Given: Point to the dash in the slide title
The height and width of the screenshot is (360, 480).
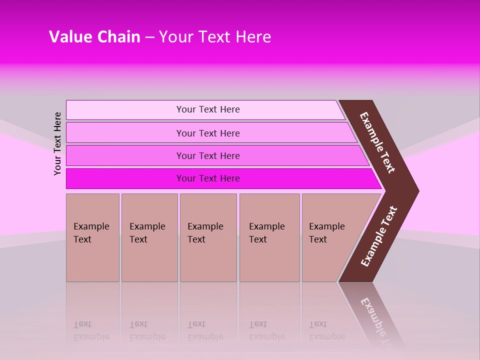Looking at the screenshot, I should (149, 37).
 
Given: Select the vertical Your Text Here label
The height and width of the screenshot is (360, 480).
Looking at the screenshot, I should (57, 143).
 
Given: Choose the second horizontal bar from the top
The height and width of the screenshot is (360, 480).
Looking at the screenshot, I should (207, 133).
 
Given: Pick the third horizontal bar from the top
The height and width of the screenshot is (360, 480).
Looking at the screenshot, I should (207, 155).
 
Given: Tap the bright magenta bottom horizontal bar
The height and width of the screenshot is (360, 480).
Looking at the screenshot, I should (207, 178).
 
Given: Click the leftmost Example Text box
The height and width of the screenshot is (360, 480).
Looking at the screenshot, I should (92, 237).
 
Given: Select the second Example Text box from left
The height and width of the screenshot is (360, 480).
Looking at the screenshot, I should (149, 237).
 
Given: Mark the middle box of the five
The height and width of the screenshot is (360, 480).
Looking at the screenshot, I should (208, 237).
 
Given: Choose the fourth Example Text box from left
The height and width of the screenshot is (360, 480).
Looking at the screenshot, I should (269, 237).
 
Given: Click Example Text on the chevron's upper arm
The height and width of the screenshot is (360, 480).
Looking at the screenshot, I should (377, 142).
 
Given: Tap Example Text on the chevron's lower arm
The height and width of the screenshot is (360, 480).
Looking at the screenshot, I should (379, 236).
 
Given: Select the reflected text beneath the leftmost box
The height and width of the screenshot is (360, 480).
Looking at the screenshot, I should (91, 330).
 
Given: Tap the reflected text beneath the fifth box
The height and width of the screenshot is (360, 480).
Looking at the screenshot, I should (326, 330).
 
